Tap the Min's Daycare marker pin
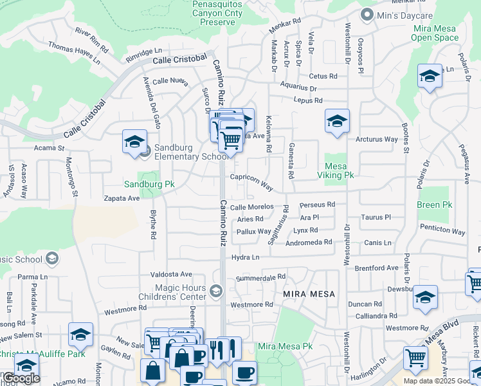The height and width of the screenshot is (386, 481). pos(367,14)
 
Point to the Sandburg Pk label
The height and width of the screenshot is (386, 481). pos(149,184)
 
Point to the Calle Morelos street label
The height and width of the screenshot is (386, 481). pos(252,207)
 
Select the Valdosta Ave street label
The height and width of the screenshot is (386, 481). pos(172,274)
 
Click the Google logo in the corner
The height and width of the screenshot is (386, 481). pos(21,378)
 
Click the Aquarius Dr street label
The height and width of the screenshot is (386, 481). pos(299,88)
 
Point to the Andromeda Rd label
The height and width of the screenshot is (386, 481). pos(309,242)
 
